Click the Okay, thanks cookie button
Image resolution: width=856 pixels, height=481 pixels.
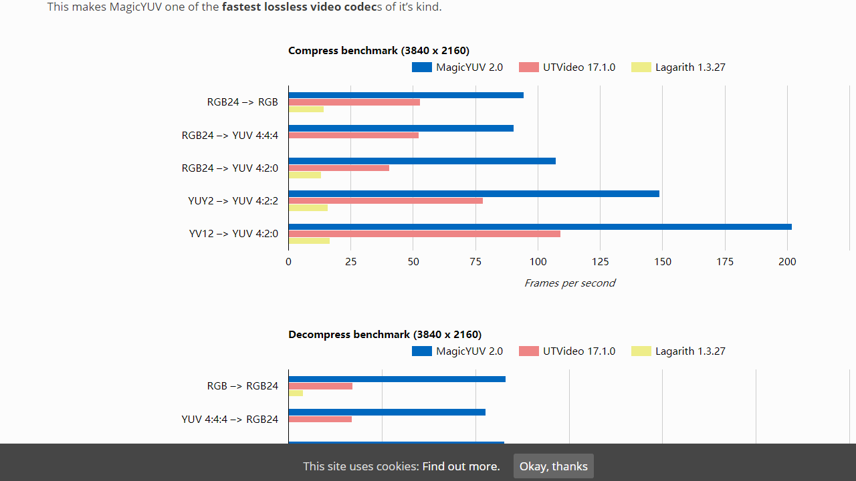pos(553,466)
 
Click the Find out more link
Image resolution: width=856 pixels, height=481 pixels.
pos(461,466)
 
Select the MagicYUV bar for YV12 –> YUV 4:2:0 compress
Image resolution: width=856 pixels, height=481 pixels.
pos(540,227)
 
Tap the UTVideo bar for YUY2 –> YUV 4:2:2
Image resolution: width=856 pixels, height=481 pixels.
pos(385,200)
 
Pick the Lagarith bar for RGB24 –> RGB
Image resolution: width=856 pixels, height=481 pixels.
pos(306,109)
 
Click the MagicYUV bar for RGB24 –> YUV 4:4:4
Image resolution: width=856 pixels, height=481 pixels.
pos(401,128)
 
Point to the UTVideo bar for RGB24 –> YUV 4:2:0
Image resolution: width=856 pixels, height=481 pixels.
pos(338,168)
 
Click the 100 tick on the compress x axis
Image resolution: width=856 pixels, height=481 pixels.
pos(538,262)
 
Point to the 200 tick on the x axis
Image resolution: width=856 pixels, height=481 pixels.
pos(787,262)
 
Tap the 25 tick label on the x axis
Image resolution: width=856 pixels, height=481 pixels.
pos(350,262)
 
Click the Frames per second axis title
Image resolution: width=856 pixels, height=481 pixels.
pos(569,283)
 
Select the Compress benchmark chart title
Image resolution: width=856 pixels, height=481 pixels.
pos(379,51)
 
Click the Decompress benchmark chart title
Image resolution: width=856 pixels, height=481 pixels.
pos(385,335)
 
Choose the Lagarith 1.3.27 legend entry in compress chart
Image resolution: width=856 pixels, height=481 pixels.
pos(678,67)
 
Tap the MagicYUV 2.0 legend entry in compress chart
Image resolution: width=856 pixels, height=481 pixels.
pos(457,67)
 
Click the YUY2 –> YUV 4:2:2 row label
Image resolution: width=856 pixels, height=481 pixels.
pos(233,200)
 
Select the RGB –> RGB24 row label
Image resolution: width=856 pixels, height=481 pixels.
pos(242,385)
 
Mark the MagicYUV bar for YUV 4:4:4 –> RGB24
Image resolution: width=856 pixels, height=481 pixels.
pos(387,412)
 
